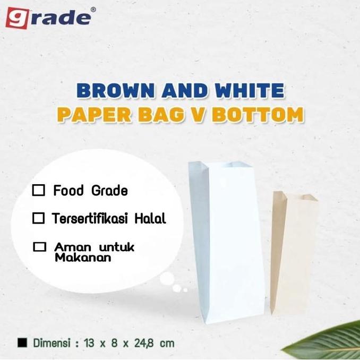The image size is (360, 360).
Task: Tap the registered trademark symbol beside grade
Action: [93, 10]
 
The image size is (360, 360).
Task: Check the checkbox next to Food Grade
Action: [39, 191]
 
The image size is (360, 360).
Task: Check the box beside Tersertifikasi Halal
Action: [38, 218]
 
